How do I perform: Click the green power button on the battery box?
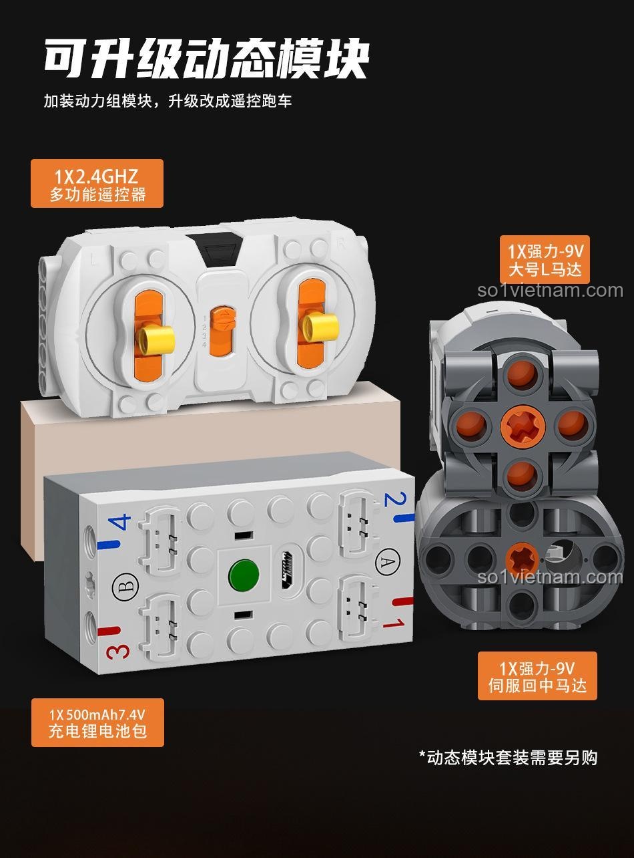[244, 574]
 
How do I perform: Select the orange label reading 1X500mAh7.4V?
[97, 722]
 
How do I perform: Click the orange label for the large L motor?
[545, 259]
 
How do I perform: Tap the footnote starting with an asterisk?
[507, 757]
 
